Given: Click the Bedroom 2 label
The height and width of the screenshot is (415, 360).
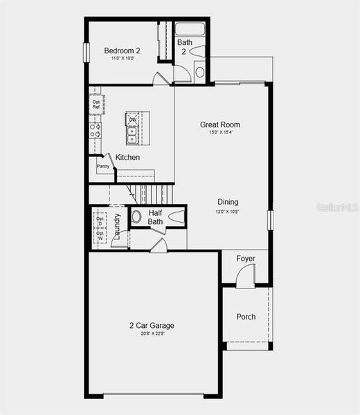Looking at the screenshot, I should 123,50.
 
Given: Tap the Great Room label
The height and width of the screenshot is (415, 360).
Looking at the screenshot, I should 220,124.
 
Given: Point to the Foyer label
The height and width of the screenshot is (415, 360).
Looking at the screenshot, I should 246,259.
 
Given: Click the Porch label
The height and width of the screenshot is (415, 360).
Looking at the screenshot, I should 246,317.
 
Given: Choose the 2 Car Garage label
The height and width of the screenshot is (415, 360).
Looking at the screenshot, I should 152,325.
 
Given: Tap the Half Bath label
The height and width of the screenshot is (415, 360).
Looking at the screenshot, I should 155,217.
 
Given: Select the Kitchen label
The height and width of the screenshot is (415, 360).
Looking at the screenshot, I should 127,158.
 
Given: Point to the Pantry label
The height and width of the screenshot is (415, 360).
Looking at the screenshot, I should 102,167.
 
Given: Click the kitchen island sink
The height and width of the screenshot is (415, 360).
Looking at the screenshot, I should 132,131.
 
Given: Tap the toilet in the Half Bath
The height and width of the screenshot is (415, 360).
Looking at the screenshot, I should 136,216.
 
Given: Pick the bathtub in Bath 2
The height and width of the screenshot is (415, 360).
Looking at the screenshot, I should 190,29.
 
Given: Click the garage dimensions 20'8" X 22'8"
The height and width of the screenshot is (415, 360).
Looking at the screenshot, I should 152,333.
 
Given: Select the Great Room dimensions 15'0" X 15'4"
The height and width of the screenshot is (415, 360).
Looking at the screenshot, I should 220,133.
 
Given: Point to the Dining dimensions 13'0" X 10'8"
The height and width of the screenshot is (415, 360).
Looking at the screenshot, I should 228,211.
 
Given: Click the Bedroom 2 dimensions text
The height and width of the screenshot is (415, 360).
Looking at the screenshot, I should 123,59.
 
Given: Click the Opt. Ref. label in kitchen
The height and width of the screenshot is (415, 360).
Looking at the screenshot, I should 96,105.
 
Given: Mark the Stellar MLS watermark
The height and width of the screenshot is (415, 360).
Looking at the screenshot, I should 337,207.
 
